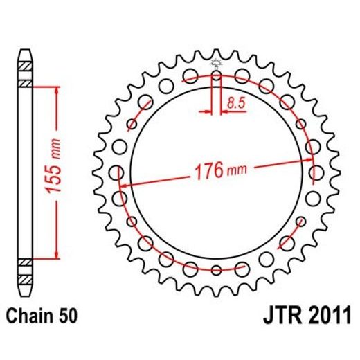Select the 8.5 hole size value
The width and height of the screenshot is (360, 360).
[234, 103]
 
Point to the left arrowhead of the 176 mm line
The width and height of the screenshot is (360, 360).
[125, 186]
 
